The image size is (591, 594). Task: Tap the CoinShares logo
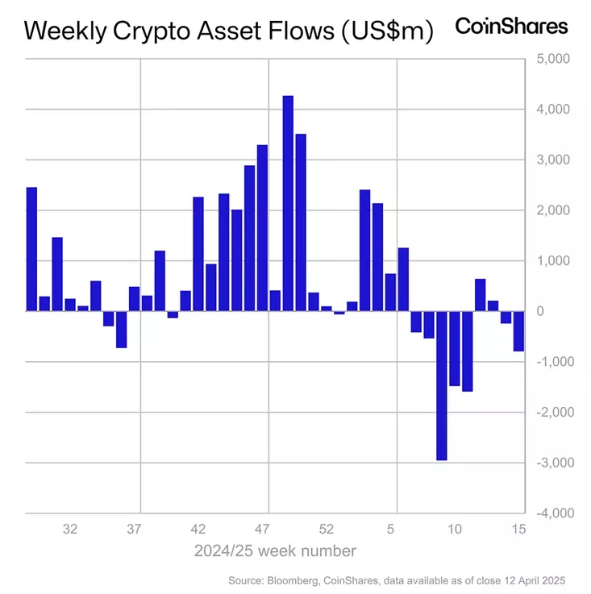(511, 26)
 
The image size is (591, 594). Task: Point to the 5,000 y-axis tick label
(553, 59)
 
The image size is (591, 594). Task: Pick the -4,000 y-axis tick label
(551, 513)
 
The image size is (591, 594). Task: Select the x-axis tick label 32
(70, 530)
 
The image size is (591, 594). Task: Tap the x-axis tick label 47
(262, 530)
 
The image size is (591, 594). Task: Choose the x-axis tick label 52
(327, 530)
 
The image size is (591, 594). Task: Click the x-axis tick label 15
(518, 530)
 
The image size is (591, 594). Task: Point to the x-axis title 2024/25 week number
(275, 551)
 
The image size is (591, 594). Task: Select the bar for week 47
(262, 228)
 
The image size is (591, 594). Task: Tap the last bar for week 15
(518, 331)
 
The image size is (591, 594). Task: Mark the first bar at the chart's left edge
(31, 249)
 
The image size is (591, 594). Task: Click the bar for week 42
(198, 254)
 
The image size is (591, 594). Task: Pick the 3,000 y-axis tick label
(553, 160)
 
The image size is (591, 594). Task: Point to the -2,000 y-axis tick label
(551, 412)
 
